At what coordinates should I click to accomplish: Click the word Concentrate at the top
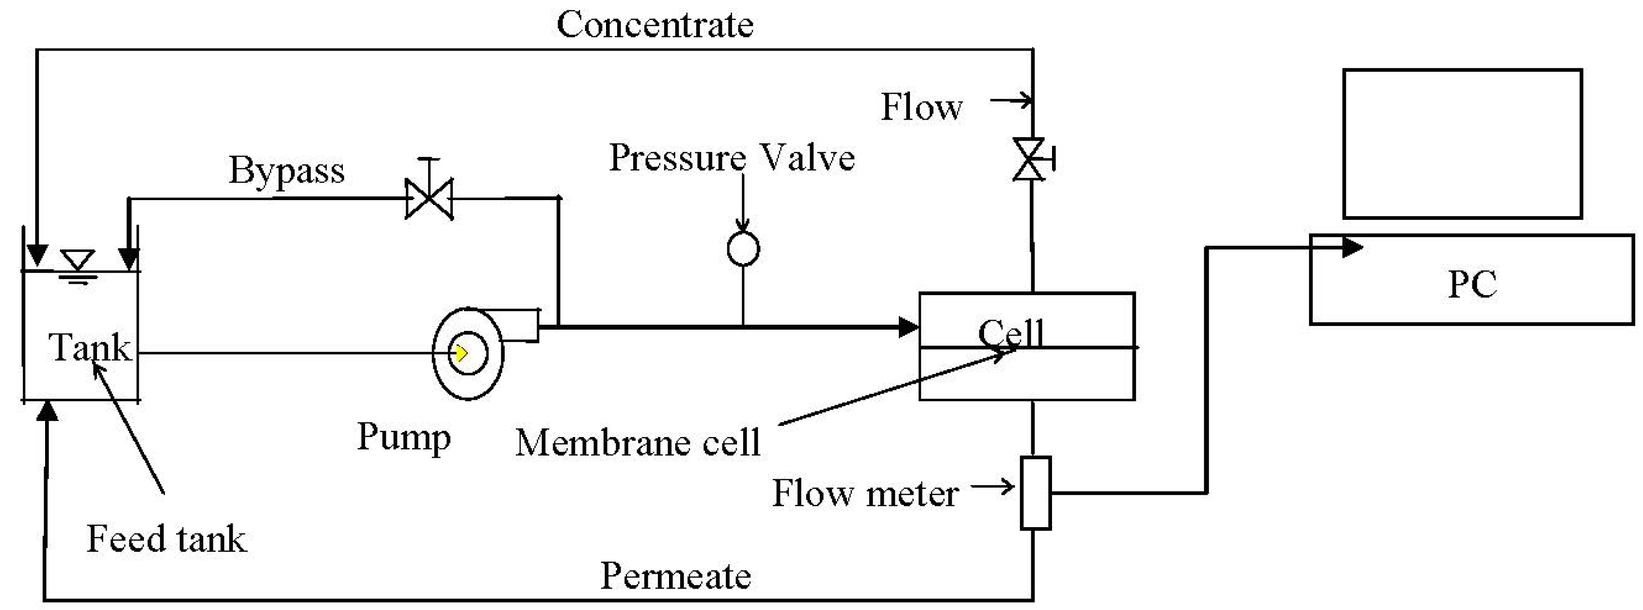(x=654, y=26)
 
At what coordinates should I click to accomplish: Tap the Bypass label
(x=287, y=171)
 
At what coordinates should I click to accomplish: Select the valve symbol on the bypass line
(x=429, y=198)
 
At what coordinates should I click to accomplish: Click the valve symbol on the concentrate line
(x=1029, y=159)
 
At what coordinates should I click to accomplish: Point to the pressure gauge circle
(x=743, y=249)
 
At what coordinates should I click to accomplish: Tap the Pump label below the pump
(x=404, y=437)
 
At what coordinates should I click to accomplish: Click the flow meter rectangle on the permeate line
(x=1035, y=493)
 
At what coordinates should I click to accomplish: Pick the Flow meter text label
(x=865, y=493)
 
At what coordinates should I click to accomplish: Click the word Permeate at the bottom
(x=675, y=576)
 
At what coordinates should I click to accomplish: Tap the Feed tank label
(x=166, y=539)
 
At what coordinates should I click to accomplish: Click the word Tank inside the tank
(x=89, y=348)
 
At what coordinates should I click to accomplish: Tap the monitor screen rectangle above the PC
(x=1463, y=144)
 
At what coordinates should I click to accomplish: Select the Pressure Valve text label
(x=731, y=157)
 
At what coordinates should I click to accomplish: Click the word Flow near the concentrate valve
(x=921, y=107)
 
